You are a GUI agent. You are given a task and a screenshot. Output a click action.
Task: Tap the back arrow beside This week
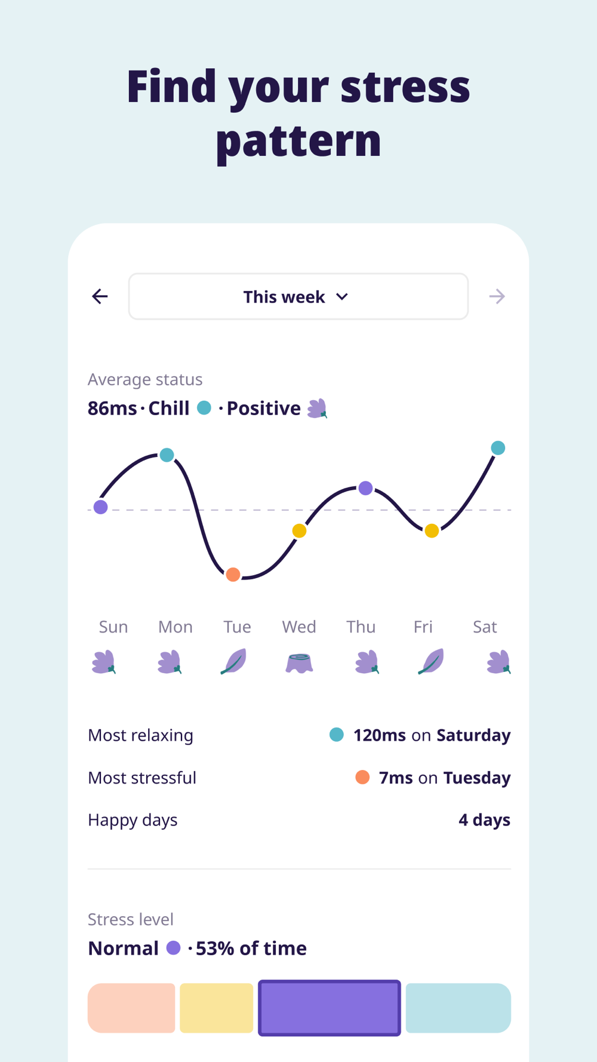click(100, 296)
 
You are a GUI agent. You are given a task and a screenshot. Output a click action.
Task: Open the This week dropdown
click(298, 296)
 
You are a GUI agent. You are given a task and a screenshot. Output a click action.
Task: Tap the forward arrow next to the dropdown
click(497, 296)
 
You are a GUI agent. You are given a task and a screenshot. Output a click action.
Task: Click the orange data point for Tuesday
click(233, 575)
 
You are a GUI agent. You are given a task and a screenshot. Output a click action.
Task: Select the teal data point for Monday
click(167, 455)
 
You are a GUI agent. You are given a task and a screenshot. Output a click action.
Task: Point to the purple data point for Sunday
click(101, 507)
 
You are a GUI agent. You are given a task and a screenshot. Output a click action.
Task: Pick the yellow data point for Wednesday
click(299, 530)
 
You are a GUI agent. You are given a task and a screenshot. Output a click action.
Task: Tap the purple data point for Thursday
click(365, 488)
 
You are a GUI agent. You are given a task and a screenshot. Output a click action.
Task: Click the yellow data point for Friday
click(432, 530)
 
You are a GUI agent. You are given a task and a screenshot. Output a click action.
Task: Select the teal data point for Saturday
click(498, 448)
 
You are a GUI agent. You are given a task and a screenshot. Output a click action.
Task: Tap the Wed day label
click(299, 627)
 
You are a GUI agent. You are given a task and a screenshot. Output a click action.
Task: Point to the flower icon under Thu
click(367, 662)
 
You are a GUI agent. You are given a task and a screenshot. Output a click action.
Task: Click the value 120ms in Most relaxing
click(380, 735)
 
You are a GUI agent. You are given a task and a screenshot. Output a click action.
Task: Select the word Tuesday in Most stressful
click(476, 778)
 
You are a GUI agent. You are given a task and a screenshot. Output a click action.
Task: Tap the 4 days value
click(484, 820)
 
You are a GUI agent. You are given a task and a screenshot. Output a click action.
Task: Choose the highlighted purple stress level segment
click(329, 1008)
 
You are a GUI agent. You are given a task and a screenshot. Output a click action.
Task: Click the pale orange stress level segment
click(131, 1008)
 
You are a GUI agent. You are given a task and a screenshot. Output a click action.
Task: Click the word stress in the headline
click(405, 87)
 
